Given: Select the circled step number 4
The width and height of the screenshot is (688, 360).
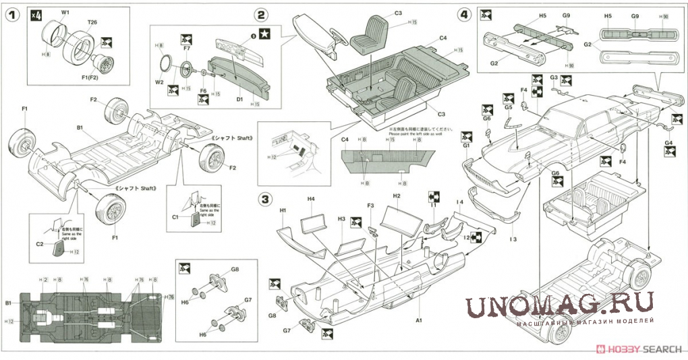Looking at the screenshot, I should point(463,14).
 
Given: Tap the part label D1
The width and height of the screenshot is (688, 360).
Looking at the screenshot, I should point(239,99).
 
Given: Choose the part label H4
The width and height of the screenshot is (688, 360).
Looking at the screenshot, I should point(311,199).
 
